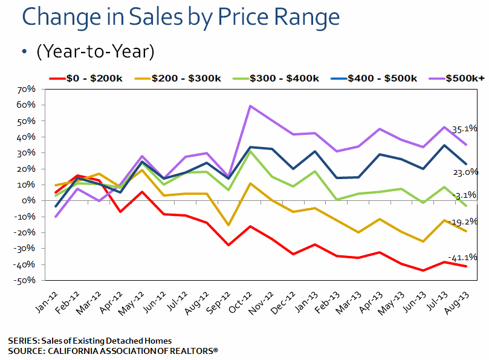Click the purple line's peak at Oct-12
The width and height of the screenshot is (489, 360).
pos(250,106)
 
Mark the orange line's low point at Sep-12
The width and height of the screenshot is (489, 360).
pos(228,226)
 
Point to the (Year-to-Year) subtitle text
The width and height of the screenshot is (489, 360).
pos(96,52)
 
